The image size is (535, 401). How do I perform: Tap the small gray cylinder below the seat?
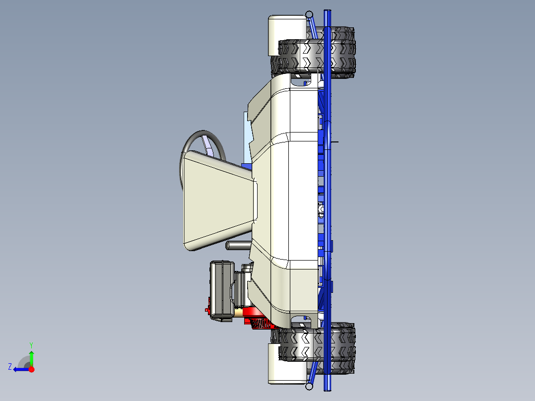[237, 245]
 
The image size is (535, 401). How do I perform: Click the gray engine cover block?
[221, 290]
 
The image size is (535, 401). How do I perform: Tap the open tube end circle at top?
[309, 14]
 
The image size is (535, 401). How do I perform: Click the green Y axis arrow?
[31, 356]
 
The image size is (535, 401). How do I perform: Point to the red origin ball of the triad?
[31, 369]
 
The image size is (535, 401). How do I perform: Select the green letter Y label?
[31, 344]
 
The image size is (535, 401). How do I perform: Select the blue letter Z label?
[9, 367]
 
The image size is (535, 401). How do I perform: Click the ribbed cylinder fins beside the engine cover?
[240, 288]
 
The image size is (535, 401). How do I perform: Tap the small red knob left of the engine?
[207, 310]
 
